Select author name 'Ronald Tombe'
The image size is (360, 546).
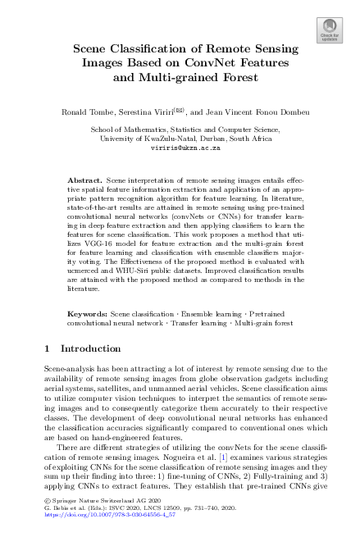(86, 110)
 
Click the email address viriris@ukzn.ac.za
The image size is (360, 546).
(180, 149)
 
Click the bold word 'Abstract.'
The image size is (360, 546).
(84, 179)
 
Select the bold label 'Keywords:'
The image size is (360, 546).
(86, 315)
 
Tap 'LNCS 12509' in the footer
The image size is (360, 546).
(156, 528)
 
